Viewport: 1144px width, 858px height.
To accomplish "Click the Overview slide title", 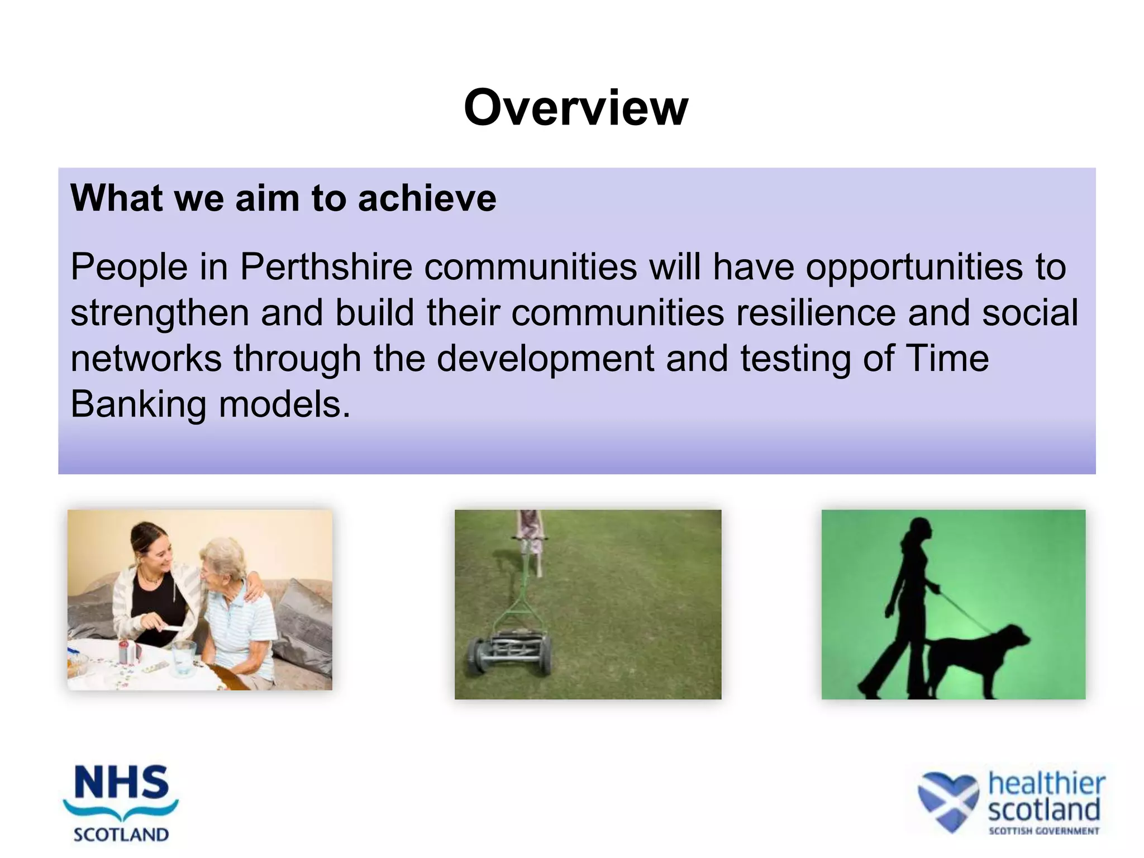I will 575,108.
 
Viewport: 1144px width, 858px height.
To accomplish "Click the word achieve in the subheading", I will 427,198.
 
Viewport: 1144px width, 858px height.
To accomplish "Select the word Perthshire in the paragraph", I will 326,267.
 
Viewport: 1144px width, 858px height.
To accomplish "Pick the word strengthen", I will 159,313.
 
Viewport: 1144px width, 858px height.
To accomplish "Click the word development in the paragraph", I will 545,359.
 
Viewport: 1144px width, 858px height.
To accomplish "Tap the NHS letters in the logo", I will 121,783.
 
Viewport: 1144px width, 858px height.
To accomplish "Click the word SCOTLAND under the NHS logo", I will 121,835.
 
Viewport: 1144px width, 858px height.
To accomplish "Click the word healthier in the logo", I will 1046,783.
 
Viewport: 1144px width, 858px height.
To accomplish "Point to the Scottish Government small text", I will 1043,831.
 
